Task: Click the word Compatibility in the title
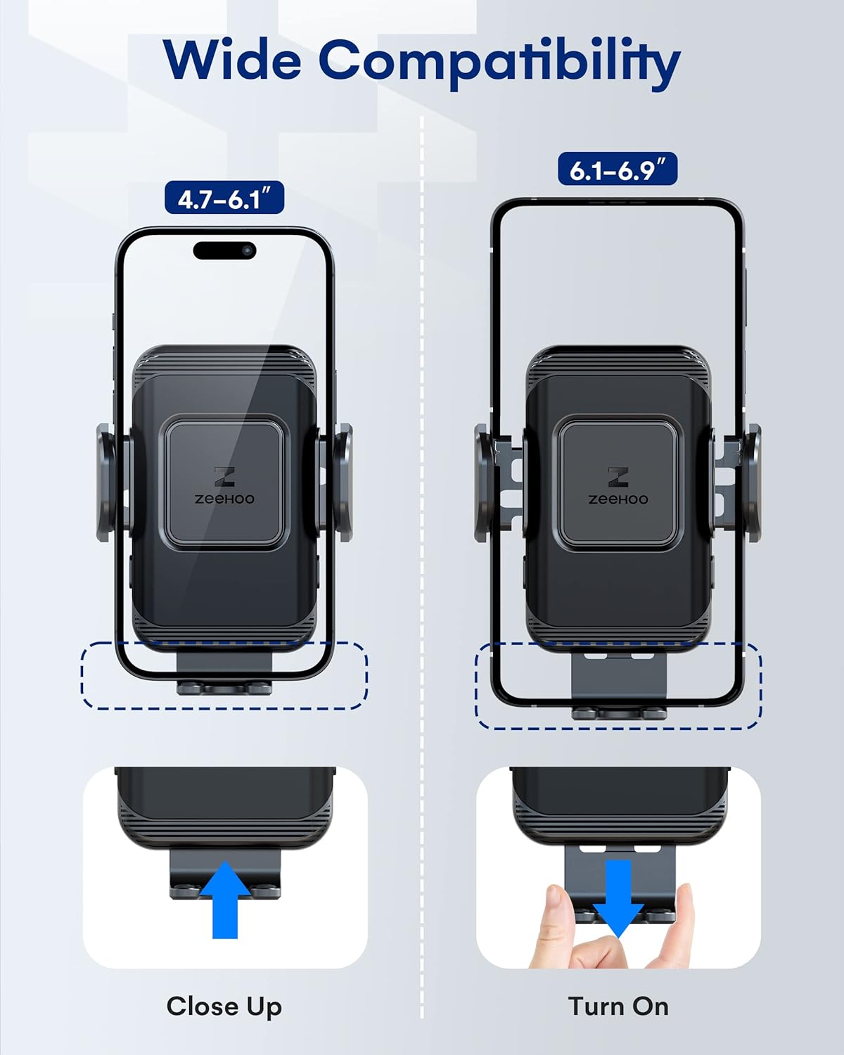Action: point(499,62)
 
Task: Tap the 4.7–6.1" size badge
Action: point(224,199)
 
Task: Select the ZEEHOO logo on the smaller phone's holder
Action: point(224,486)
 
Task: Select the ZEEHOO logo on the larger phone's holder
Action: point(618,486)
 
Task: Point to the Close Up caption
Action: point(224,1006)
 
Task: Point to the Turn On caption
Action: point(618,1006)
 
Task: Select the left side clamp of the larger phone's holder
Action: point(484,482)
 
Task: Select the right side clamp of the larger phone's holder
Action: point(751,482)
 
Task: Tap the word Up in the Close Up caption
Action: point(264,1006)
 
